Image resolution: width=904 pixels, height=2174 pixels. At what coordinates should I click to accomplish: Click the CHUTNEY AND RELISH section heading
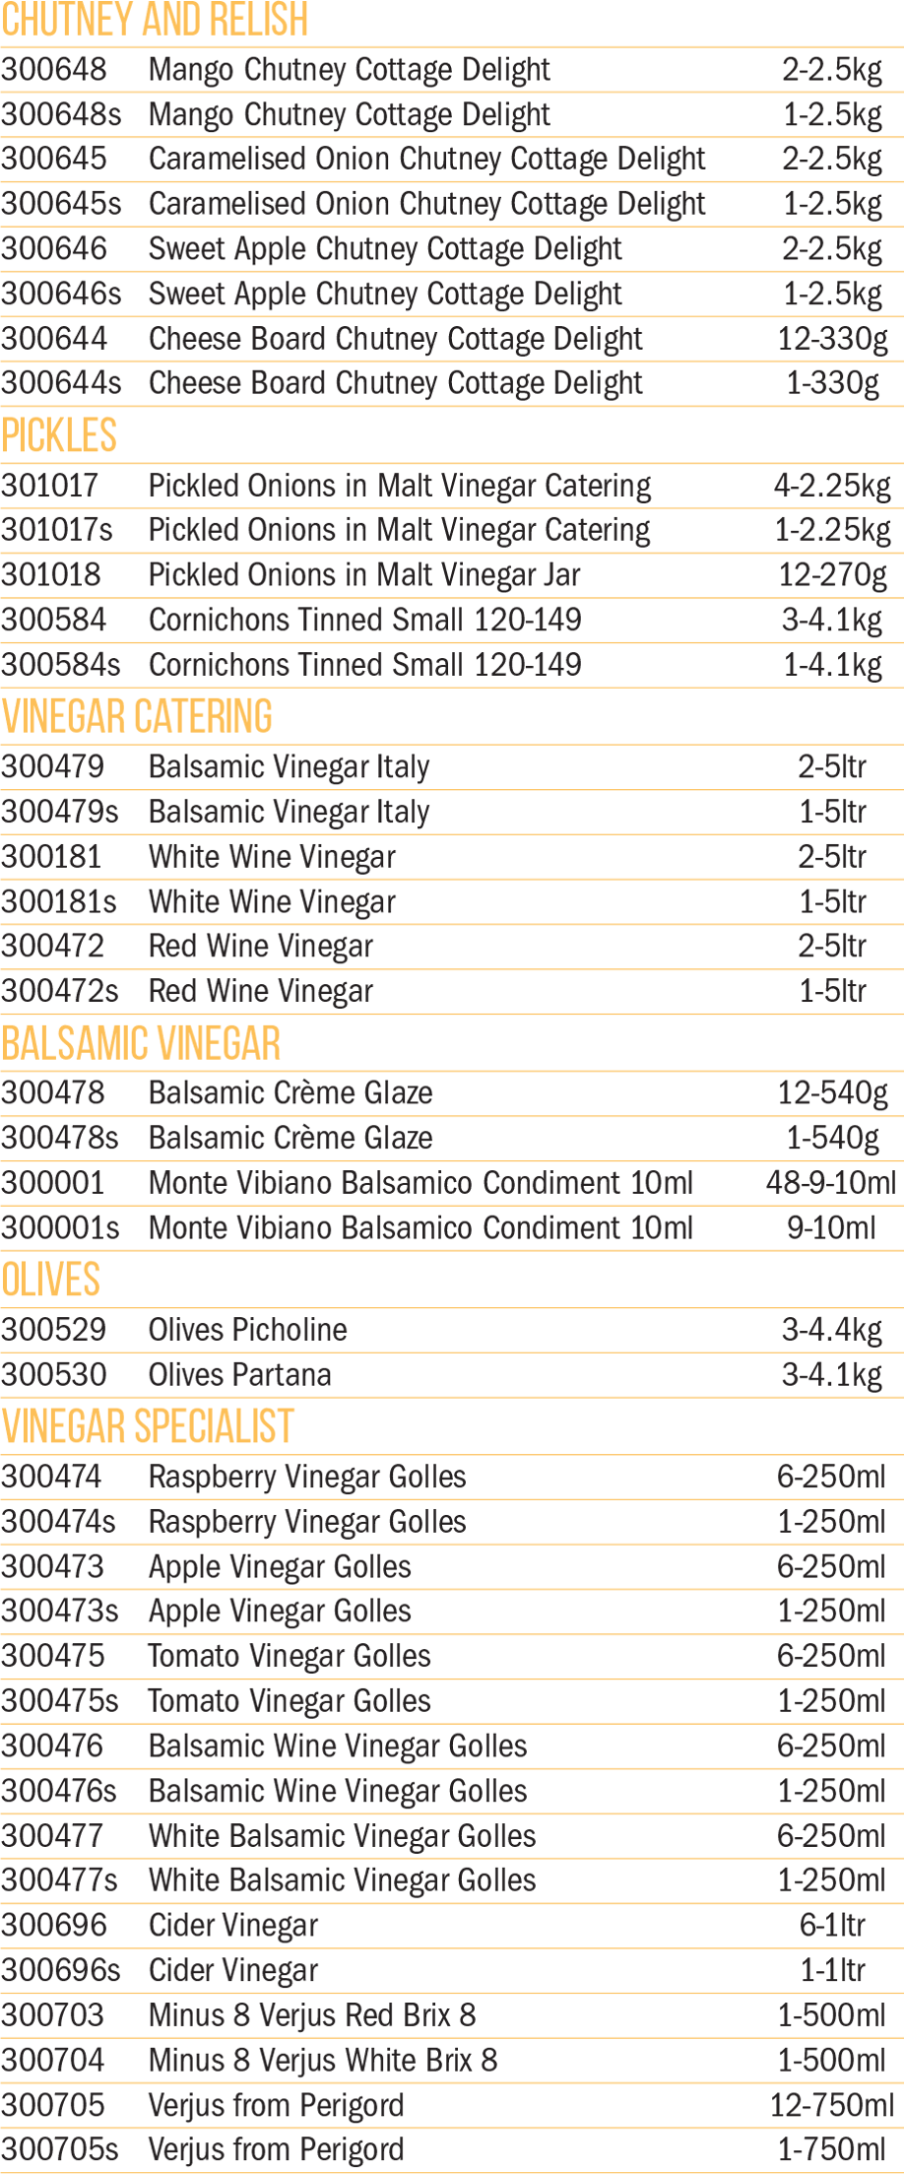[155, 19]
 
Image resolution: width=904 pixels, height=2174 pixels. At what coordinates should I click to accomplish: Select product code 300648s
[61, 114]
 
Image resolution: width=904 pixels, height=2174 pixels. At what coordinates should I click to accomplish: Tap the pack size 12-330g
[833, 339]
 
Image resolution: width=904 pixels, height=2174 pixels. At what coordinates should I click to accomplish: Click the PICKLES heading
[59, 435]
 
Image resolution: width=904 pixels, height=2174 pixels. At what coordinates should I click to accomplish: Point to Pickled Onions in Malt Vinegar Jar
[364, 574]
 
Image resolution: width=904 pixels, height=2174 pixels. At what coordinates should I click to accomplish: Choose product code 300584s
[60, 665]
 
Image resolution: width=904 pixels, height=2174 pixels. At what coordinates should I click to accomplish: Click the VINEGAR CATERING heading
[137, 716]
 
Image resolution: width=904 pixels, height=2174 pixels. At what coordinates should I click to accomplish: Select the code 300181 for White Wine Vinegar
[51, 857]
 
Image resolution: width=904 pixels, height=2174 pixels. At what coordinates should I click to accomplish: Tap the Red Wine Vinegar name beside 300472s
[261, 991]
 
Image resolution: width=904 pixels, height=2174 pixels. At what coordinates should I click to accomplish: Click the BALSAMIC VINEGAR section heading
[141, 1043]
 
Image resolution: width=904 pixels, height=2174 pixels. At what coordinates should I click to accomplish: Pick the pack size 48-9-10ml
[832, 1183]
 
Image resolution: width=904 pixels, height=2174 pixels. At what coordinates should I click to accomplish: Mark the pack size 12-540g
[833, 1093]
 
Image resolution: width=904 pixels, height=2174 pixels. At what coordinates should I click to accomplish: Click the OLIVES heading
[50, 1280]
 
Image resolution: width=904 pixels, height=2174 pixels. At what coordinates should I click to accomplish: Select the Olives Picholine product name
[248, 1330]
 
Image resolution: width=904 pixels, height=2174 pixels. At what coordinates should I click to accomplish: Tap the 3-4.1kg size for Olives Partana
[832, 1375]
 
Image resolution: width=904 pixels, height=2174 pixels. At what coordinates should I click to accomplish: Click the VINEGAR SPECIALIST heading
[148, 1426]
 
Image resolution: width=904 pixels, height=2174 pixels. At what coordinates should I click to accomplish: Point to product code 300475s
[59, 1701]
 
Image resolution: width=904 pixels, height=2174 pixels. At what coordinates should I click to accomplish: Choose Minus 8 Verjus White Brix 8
[323, 2061]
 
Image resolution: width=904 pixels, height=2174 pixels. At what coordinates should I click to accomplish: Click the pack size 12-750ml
[832, 2106]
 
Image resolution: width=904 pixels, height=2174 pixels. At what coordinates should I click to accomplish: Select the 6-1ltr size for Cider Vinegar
[833, 1926]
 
